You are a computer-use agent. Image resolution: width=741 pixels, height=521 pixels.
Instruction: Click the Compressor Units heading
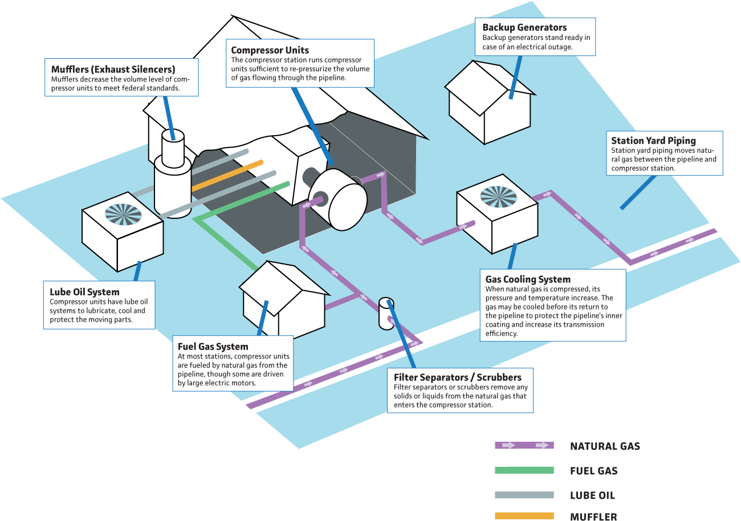click(270, 50)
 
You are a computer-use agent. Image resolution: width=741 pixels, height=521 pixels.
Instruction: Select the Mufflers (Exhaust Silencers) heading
click(113, 70)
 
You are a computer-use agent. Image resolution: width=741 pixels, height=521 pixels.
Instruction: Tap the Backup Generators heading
click(524, 27)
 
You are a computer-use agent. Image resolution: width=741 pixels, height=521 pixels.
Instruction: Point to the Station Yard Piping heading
click(653, 141)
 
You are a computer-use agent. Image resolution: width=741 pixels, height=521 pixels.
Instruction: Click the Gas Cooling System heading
click(528, 279)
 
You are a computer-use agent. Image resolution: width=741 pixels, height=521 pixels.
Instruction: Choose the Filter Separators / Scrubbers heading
click(457, 377)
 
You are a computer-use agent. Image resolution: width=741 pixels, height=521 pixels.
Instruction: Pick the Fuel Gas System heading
click(213, 347)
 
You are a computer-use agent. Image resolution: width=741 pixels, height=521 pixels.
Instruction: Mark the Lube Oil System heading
click(84, 292)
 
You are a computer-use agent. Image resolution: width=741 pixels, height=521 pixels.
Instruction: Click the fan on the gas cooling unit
click(498, 197)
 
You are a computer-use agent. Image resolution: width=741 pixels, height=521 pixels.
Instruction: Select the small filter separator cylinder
click(386, 312)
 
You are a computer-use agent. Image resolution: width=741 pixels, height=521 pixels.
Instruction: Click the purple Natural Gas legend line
click(524, 446)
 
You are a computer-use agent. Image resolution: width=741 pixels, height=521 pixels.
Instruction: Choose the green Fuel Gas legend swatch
click(524, 470)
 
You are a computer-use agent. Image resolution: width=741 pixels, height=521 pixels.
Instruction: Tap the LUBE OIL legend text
click(592, 495)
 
